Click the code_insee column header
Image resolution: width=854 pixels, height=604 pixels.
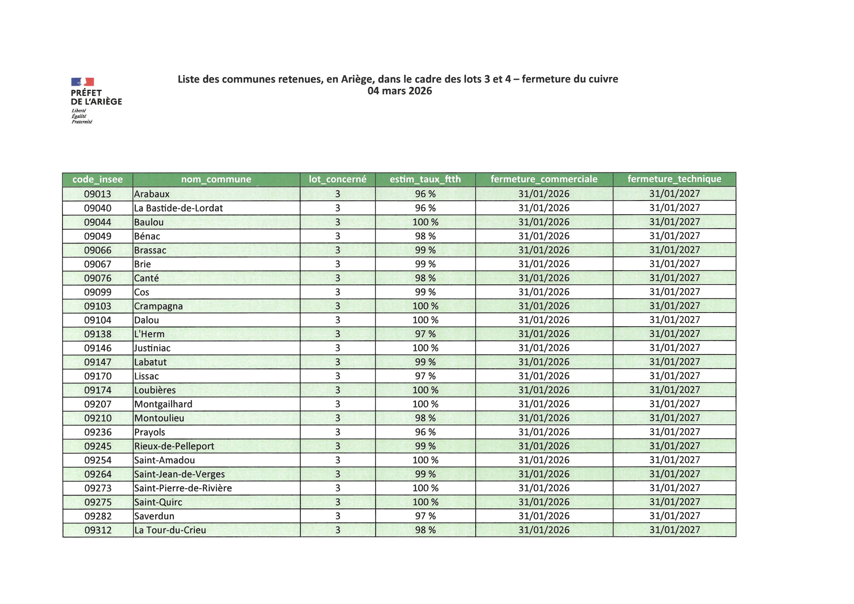(97, 180)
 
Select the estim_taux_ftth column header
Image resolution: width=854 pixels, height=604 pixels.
(425, 179)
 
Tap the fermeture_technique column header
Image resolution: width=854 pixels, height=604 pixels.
(674, 179)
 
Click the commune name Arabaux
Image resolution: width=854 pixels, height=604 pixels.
(152, 194)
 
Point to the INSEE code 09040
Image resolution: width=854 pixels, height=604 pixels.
(97, 208)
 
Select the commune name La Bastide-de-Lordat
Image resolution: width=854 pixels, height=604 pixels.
(178, 208)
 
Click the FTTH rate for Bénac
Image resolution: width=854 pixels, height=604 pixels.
(425, 236)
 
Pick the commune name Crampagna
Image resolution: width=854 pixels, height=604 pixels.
(159, 306)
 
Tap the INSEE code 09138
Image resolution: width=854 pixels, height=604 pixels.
(97, 334)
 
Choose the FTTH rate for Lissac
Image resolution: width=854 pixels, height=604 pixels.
(425, 376)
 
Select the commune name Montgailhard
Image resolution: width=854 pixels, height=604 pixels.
(163, 404)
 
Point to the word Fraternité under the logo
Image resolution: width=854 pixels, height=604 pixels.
(82, 122)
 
